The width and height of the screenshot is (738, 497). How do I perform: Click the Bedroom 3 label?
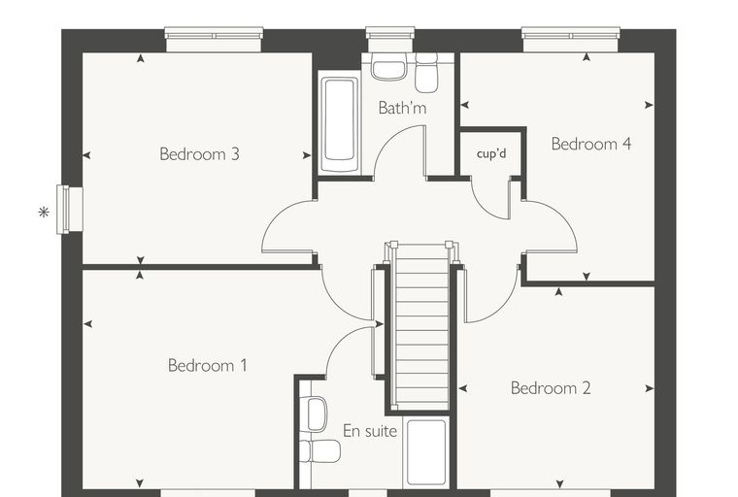click(200, 154)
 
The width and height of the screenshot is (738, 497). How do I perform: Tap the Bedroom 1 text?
click(207, 365)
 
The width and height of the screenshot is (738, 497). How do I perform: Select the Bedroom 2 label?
click(551, 388)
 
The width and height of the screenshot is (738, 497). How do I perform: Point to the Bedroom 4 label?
click(591, 144)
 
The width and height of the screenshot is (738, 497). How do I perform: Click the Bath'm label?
click(402, 108)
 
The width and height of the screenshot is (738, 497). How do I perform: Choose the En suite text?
click(370, 431)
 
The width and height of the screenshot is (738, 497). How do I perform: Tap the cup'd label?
click(491, 153)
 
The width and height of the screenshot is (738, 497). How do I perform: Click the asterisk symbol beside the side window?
click(44, 213)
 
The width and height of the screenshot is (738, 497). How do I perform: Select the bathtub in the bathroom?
click(339, 123)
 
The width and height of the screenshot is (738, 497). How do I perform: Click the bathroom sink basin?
click(388, 67)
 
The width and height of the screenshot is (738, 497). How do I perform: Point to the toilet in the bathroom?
click(426, 73)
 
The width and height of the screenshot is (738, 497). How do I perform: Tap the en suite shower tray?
click(426, 452)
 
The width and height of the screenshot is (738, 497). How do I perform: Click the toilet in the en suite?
click(320, 451)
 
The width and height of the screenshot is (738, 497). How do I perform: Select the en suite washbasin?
click(315, 414)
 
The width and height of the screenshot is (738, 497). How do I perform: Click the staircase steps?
click(421, 327)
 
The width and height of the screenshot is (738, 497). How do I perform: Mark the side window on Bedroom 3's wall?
click(69, 210)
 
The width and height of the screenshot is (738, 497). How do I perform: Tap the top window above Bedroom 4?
click(570, 39)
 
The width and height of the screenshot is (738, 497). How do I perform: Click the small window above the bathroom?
click(390, 39)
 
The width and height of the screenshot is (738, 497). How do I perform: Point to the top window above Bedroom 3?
click(214, 39)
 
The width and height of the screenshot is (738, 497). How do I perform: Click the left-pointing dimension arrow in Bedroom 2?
click(462, 388)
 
